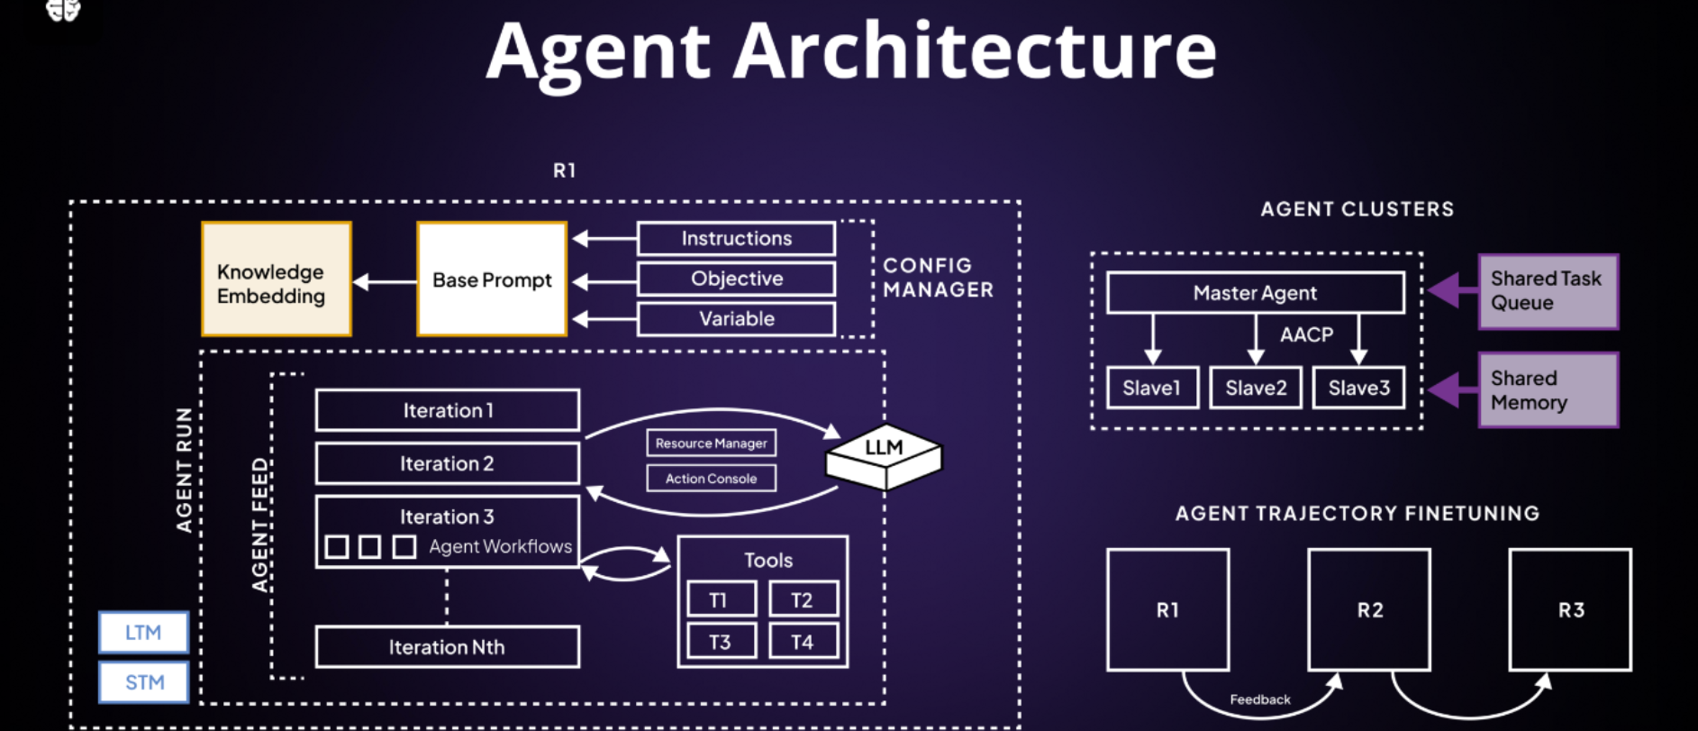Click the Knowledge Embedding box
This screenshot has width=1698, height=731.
[x=276, y=279]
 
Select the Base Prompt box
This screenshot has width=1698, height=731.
[x=492, y=279]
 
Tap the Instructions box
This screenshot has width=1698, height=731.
[x=736, y=239]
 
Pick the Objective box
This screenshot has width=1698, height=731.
[x=736, y=279]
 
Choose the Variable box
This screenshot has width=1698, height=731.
[x=736, y=319]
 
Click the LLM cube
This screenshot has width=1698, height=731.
[x=884, y=456]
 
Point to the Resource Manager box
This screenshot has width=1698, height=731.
[x=711, y=443]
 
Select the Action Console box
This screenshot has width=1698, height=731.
[x=711, y=479]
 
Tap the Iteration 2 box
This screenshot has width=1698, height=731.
[x=447, y=463]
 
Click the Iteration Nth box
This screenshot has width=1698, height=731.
[x=447, y=647]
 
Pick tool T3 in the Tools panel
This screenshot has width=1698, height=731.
[x=721, y=642]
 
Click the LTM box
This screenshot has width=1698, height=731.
[x=143, y=633]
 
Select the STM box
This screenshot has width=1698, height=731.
[x=143, y=682]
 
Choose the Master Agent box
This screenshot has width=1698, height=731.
[x=1255, y=293]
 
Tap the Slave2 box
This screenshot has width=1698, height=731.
[x=1255, y=388]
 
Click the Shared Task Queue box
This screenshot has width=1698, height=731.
[x=1548, y=291]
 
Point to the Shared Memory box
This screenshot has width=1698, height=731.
[x=1548, y=390]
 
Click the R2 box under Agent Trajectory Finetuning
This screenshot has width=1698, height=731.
[x=1369, y=610]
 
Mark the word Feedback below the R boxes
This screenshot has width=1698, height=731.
[x=1259, y=699]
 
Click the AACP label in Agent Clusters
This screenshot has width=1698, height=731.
[x=1306, y=334]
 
